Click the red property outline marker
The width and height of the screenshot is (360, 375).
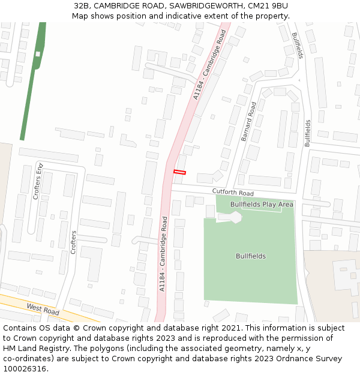[x=179, y=172]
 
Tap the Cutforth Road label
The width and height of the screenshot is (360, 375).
[x=233, y=193]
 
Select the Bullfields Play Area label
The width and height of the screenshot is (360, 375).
[x=262, y=205]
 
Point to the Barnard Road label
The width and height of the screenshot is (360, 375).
[x=249, y=122]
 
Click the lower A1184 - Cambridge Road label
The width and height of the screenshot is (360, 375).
[x=163, y=254]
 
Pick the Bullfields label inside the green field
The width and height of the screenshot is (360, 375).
[x=251, y=256]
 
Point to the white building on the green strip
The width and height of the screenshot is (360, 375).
[x=38, y=54]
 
